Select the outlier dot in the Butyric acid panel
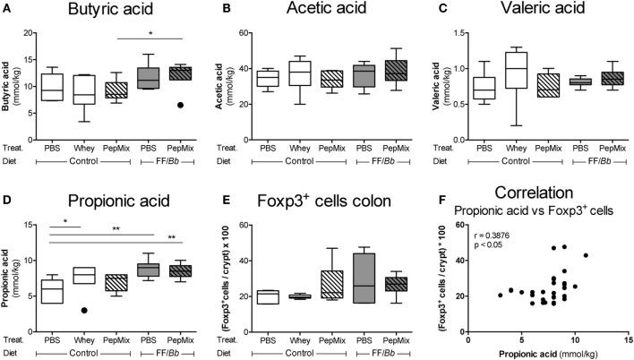(182, 105)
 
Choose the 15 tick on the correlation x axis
(621, 338)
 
